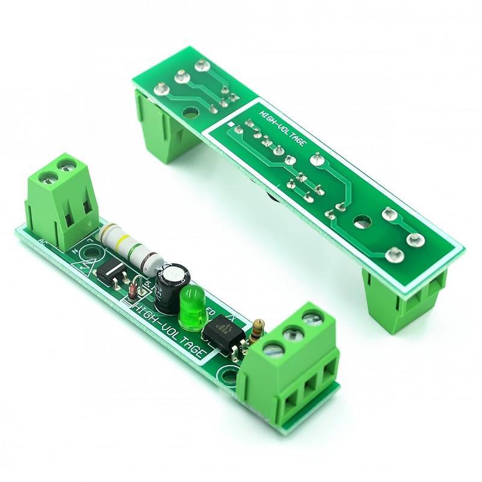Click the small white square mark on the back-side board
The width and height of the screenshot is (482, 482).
231,124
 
